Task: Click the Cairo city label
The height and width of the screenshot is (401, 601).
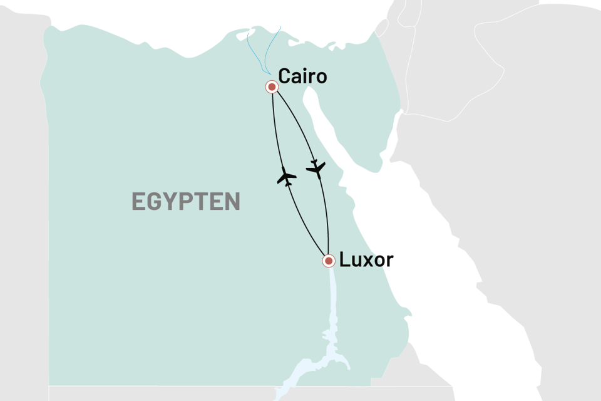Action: click(302, 77)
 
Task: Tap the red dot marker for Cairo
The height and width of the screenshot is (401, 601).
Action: click(272, 87)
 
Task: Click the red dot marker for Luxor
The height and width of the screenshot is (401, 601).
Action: click(327, 260)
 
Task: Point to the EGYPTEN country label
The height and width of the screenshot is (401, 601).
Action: click(186, 202)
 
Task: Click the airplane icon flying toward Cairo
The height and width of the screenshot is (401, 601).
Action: click(286, 178)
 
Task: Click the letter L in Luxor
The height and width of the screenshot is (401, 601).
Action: click(344, 260)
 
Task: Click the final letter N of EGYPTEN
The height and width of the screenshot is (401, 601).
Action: click(232, 202)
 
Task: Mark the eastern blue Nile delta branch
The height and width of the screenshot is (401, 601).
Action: click(274, 47)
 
